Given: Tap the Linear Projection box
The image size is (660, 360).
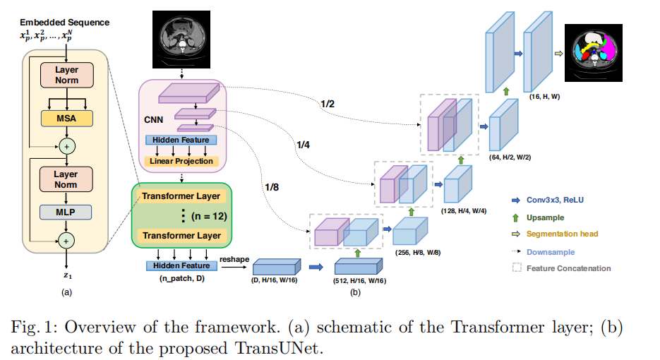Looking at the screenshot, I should click(181, 161).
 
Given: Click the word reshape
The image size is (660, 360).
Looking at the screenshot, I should click(234, 259).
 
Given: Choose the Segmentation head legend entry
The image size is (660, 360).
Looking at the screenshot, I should click(561, 234).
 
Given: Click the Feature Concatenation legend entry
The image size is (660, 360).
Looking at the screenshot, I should click(568, 268).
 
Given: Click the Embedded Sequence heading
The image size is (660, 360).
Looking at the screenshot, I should click(65, 23).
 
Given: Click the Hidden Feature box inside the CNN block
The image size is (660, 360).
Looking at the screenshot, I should click(181, 140).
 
